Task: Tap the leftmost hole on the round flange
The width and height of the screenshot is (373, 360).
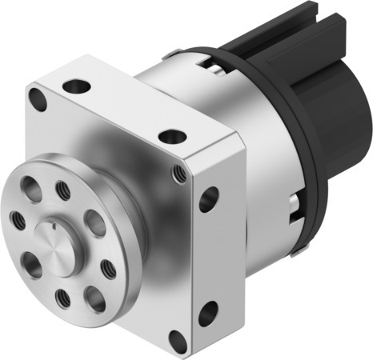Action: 18,218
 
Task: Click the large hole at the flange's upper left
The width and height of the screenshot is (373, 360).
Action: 30,189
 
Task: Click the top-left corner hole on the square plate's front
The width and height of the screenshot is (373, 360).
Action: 37,99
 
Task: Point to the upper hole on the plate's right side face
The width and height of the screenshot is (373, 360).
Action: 209,198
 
